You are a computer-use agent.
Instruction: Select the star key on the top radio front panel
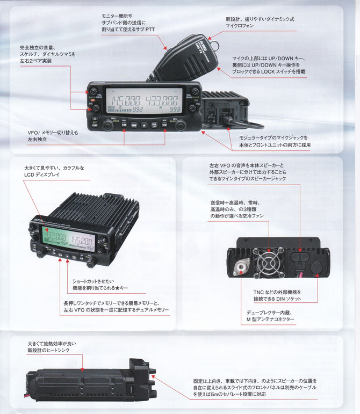coord(143,125)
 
